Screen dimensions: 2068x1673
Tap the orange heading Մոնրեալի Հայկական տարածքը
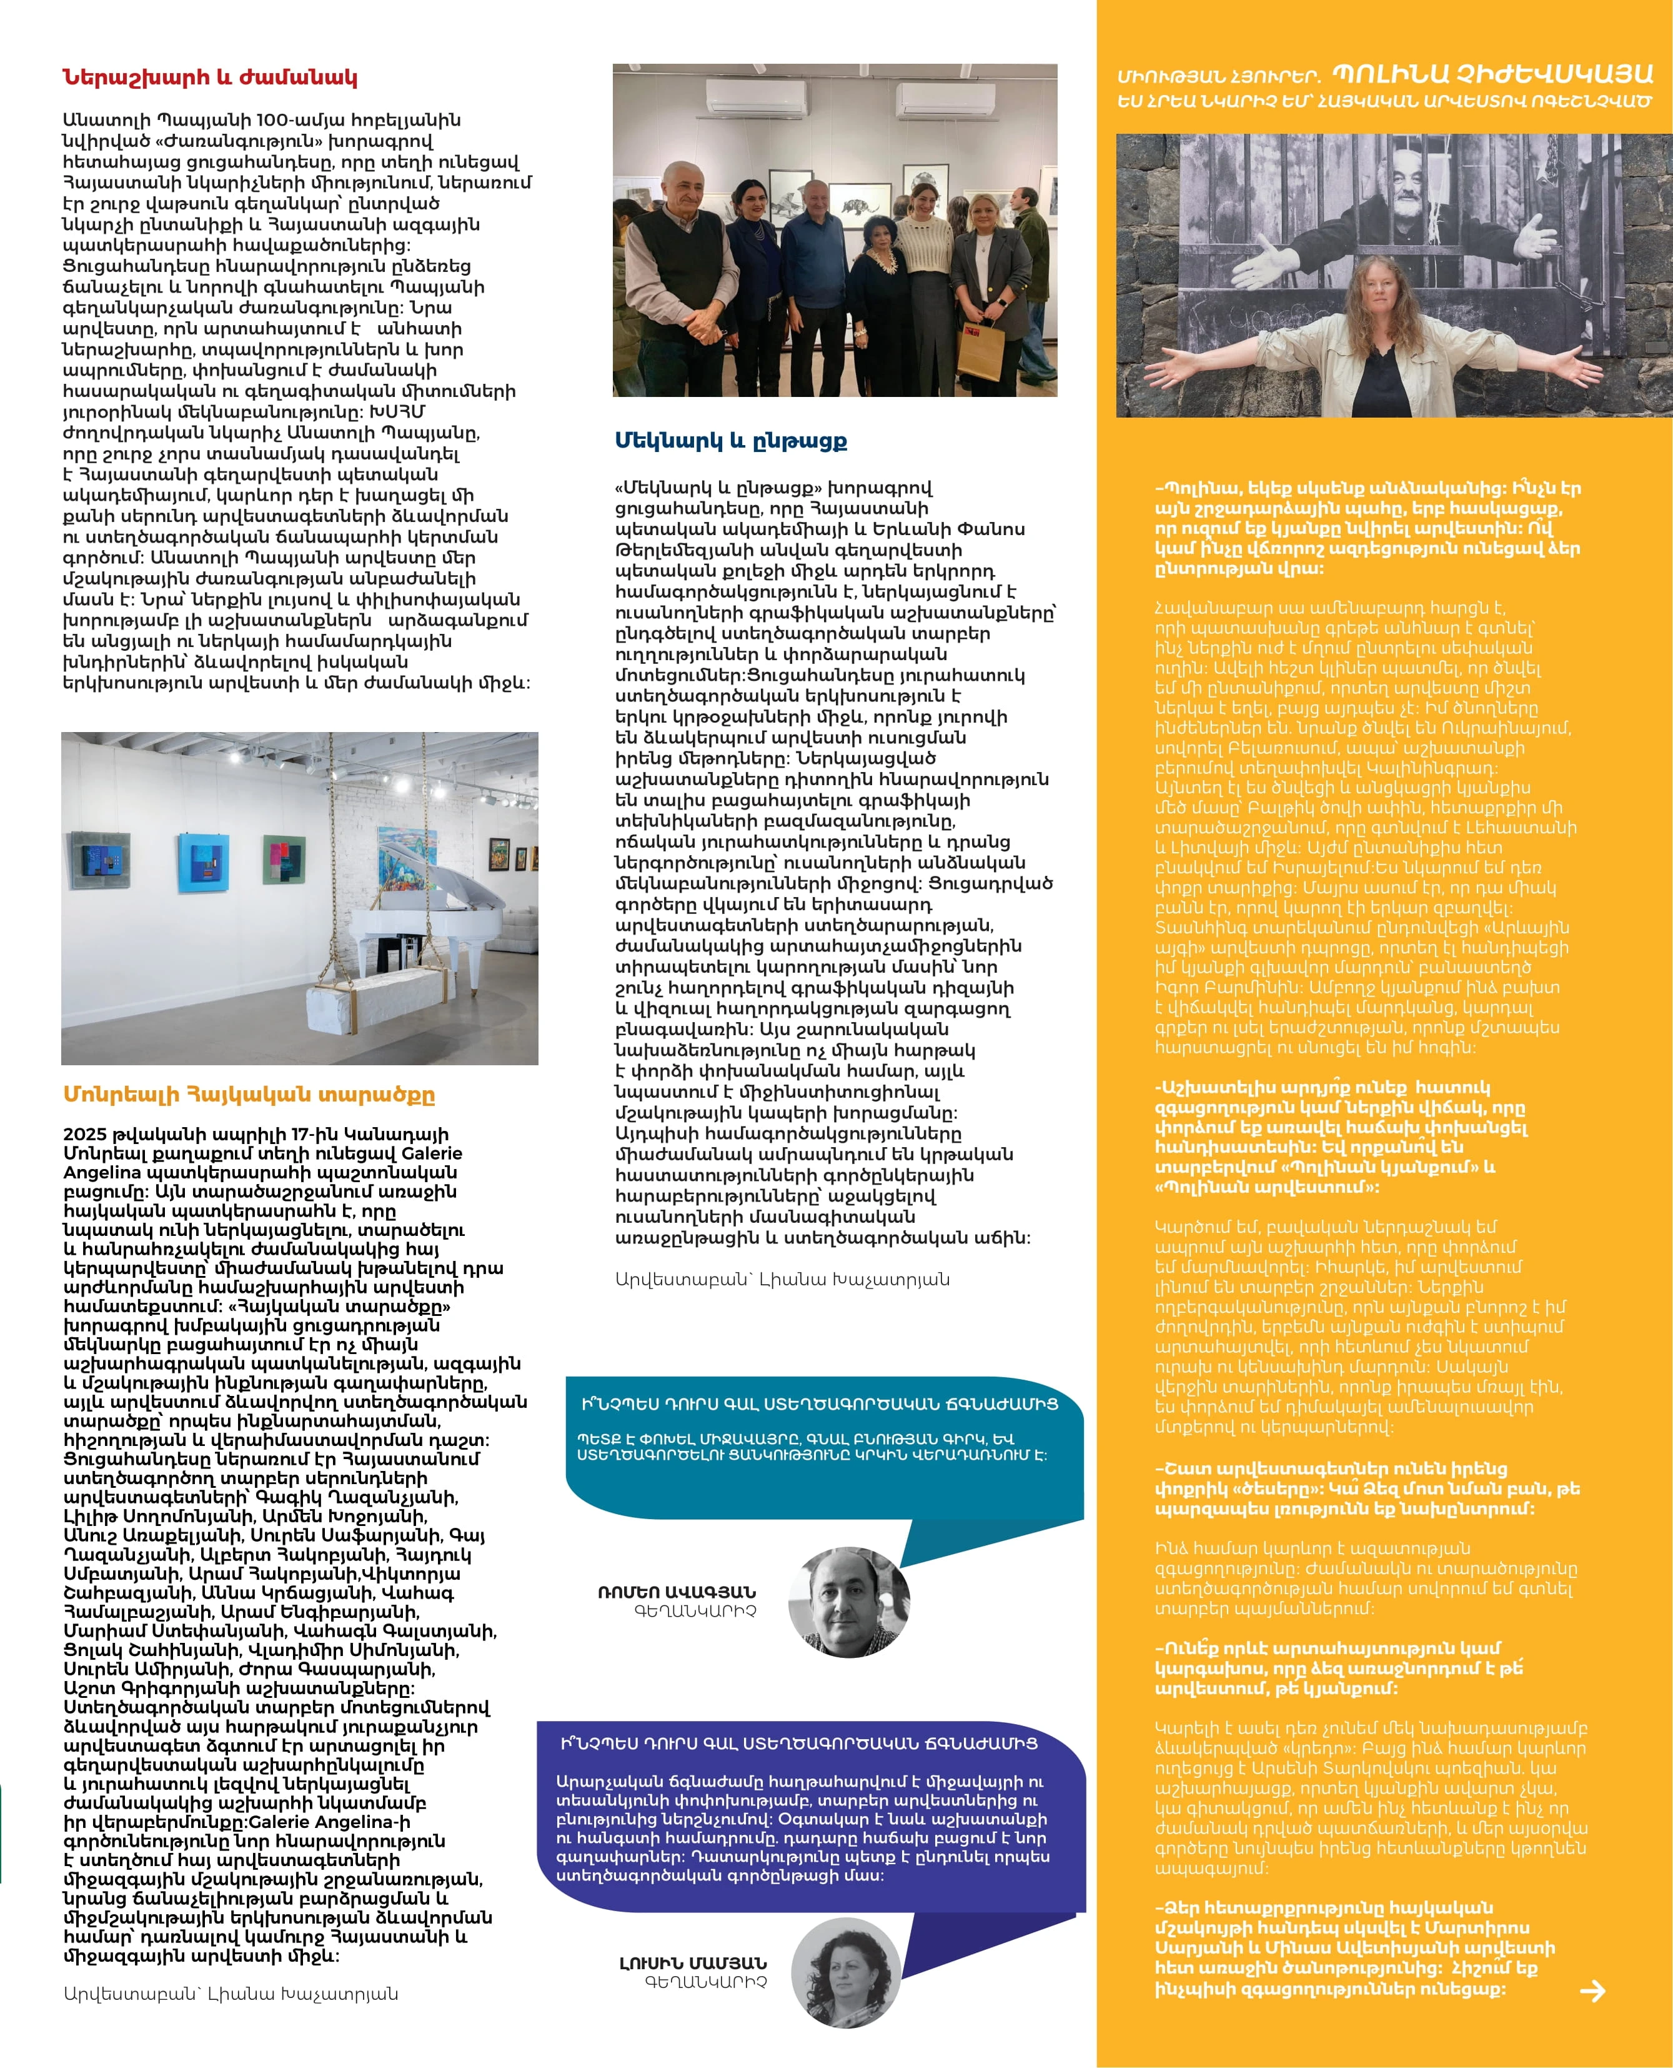coord(249,1094)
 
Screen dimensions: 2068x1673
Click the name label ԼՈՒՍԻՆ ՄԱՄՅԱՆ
coord(693,1963)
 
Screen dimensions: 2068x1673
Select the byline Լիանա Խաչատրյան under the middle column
coord(782,1279)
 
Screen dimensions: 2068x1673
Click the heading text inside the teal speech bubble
coord(819,1403)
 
